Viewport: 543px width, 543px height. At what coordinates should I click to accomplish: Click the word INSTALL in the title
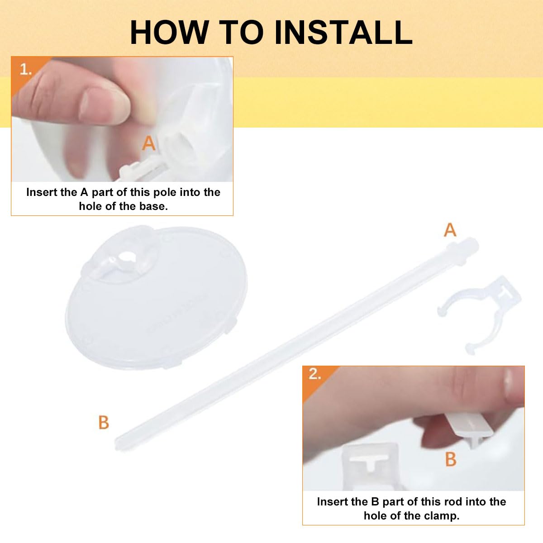pyautogui.click(x=344, y=33)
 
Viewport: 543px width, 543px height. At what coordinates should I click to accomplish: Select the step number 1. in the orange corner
pyautogui.click(x=26, y=69)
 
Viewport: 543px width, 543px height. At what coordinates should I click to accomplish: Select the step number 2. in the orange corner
pyautogui.click(x=315, y=374)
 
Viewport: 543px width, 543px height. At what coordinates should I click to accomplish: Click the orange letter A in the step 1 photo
pyautogui.click(x=148, y=143)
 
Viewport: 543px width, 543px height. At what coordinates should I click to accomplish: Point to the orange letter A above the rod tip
pyautogui.click(x=450, y=230)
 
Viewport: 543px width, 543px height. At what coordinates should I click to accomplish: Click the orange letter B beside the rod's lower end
pyautogui.click(x=104, y=423)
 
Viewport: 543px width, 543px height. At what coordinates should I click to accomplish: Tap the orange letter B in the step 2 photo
pyautogui.click(x=451, y=459)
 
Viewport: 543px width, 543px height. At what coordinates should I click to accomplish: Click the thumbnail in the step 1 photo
pyautogui.click(x=104, y=106)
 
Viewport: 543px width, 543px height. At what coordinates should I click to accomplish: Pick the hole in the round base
pyautogui.click(x=126, y=257)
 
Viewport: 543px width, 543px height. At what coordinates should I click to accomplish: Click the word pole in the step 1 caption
pyautogui.click(x=162, y=192)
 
